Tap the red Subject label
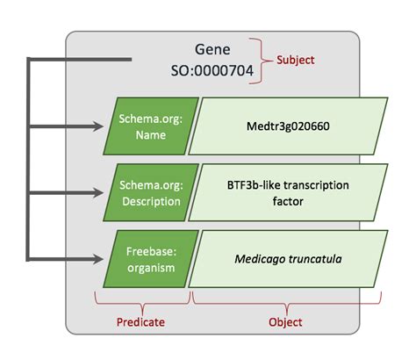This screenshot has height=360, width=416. pyautogui.click(x=295, y=60)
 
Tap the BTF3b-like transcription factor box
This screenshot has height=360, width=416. pyautogui.click(x=282, y=192)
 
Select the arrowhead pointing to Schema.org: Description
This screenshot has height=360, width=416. pyautogui.click(x=98, y=193)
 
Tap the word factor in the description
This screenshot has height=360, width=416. pyautogui.click(x=282, y=200)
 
